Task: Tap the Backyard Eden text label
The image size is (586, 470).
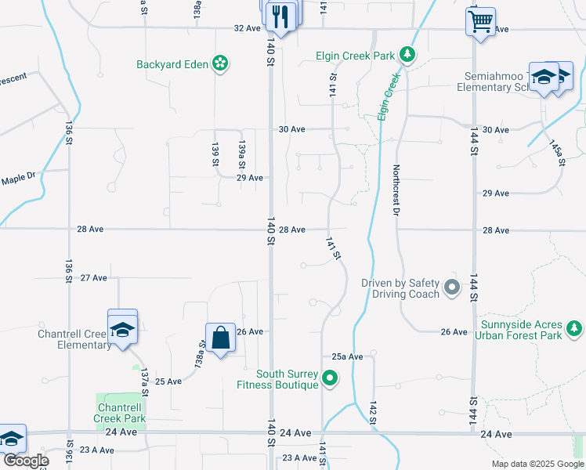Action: pyautogui.click(x=172, y=64)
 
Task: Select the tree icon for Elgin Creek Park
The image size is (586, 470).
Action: pyautogui.click(x=407, y=55)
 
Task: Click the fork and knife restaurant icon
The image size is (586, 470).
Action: pyautogui.click(x=280, y=16)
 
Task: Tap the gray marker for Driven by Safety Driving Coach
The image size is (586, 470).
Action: pyautogui.click(x=452, y=288)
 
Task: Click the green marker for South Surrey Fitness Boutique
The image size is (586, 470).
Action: pyautogui.click(x=330, y=379)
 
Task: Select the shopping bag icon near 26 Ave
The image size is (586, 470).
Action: pyautogui.click(x=221, y=338)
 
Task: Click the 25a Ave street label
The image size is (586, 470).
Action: pyautogui.click(x=347, y=356)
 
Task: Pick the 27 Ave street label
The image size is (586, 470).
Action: pyautogui.click(x=93, y=277)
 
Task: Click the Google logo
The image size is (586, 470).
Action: pyautogui.click(x=26, y=461)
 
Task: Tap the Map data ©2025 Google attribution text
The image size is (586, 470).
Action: pyautogui.click(x=537, y=464)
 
